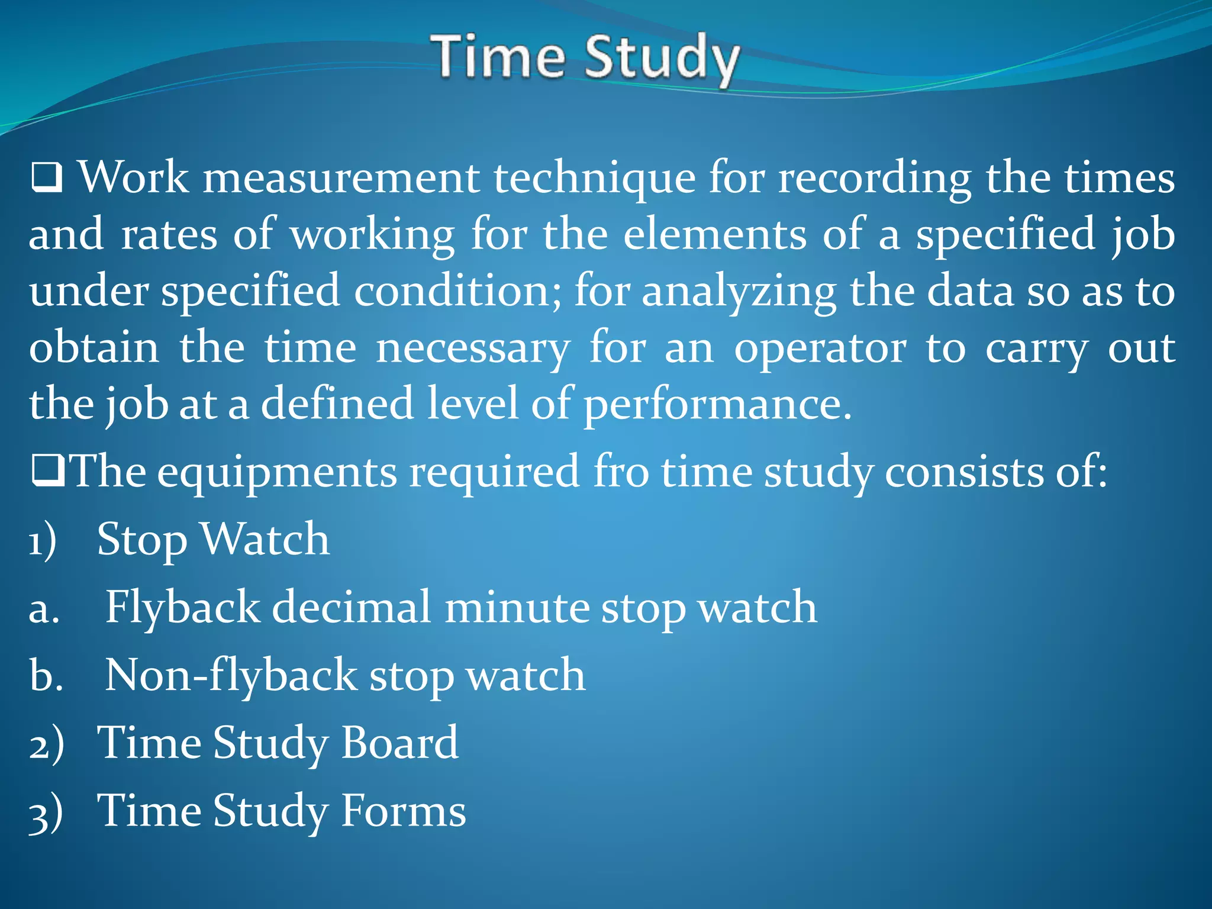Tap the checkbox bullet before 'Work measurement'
point(47,178)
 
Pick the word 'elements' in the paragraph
point(714,234)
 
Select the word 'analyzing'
point(739,291)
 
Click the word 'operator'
point(820,348)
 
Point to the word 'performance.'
point(717,405)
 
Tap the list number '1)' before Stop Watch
point(43,540)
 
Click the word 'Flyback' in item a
point(182,608)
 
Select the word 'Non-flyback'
point(231,676)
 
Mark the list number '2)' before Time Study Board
point(46,744)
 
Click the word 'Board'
point(399,743)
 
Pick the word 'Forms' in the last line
point(403,811)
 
